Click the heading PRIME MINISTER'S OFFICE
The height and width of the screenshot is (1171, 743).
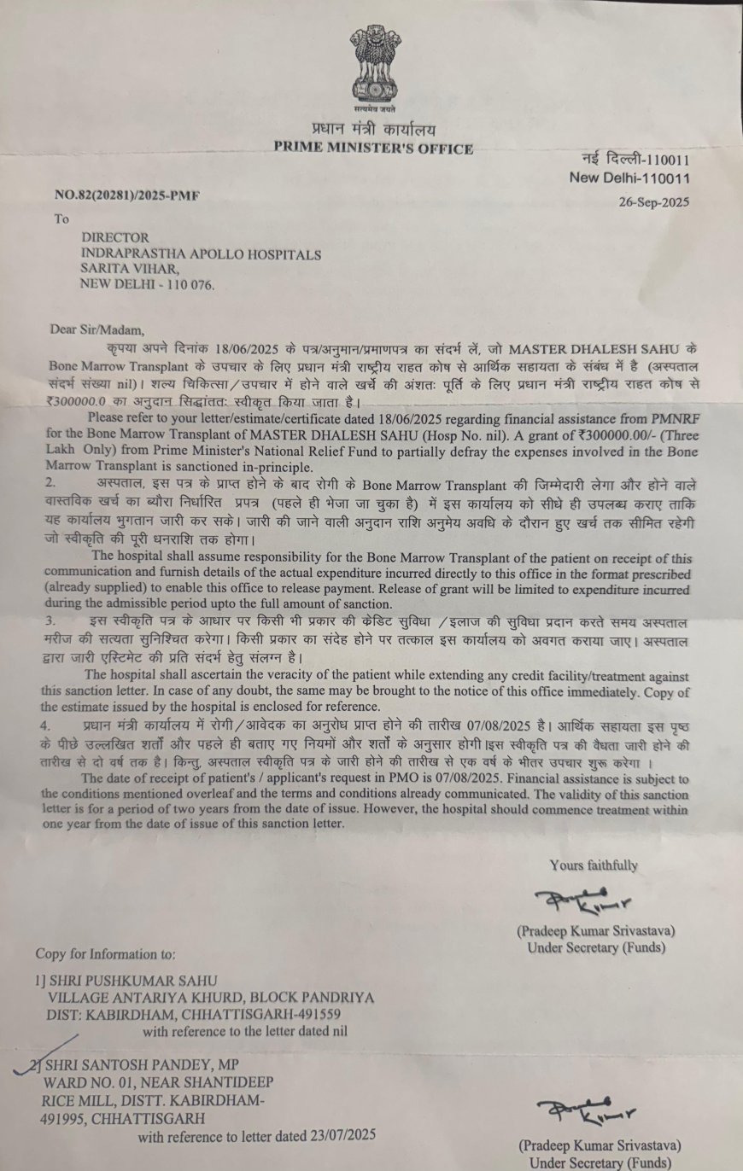point(373,149)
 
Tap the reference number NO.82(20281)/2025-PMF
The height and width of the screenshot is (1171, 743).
point(126,195)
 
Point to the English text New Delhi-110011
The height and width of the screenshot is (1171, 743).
point(630,178)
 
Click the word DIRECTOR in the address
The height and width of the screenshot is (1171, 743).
point(114,237)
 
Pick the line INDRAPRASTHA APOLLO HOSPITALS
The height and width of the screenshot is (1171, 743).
point(201,253)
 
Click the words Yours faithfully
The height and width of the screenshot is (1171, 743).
point(594,865)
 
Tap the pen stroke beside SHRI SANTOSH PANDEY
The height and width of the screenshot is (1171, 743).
point(47,1052)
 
